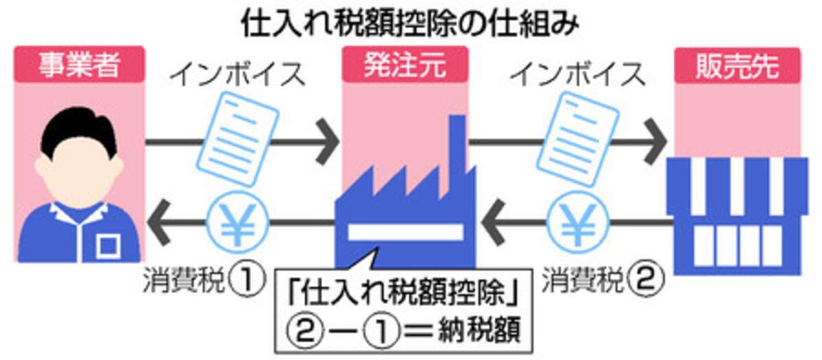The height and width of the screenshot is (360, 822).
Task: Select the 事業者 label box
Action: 80,66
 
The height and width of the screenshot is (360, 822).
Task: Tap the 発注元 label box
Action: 404,66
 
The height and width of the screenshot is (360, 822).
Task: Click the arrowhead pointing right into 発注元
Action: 328,143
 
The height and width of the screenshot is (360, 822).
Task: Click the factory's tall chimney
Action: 458,147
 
